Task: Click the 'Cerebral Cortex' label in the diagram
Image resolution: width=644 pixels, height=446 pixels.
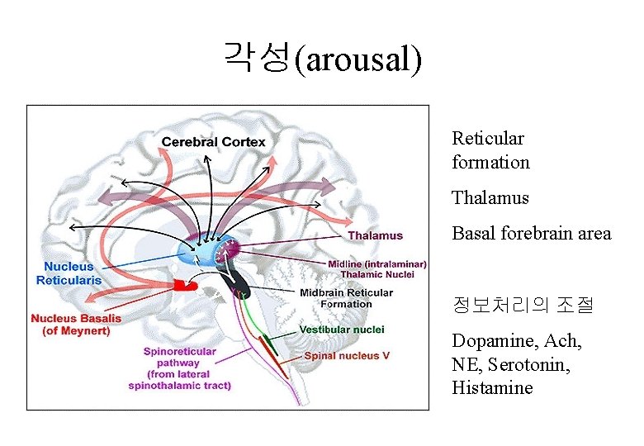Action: [213, 142]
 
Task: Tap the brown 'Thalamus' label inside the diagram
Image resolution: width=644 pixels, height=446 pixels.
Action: [375, 235]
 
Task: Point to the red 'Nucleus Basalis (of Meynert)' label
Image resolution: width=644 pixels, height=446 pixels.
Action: [76, 325]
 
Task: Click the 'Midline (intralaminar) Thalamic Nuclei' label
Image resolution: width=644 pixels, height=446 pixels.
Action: [377, 269]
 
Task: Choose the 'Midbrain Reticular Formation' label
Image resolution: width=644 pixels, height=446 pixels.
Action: [347, 298]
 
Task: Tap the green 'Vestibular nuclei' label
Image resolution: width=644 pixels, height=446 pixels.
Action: [342, 330]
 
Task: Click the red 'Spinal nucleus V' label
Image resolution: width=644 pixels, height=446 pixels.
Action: [347, 356]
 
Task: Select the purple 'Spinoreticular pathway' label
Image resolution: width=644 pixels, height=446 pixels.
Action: [179, 368]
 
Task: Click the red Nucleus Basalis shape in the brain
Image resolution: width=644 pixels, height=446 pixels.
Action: [184, 286]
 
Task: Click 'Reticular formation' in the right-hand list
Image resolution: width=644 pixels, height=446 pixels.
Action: [490, 150]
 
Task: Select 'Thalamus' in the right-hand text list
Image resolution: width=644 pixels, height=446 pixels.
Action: [490, 198]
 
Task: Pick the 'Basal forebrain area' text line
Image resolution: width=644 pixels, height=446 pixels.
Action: [532, 234]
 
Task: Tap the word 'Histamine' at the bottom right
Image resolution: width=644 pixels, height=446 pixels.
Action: [492, 387]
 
